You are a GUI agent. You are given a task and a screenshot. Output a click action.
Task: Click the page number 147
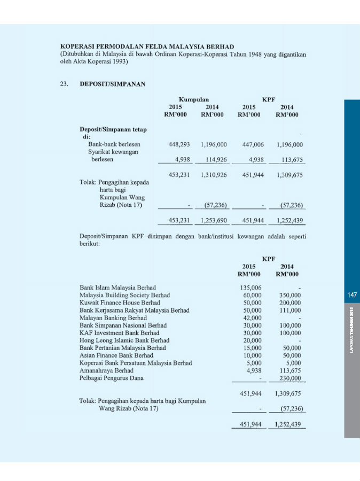coord(351,295)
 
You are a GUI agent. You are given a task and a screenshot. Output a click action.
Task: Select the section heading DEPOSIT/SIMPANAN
coord(112,84)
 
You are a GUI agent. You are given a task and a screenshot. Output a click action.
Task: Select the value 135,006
coord(249,288)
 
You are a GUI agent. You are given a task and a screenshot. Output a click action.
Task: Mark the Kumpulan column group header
coord(193,99)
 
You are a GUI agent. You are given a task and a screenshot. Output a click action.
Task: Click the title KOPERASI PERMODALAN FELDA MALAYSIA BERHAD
coord(147,46)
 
